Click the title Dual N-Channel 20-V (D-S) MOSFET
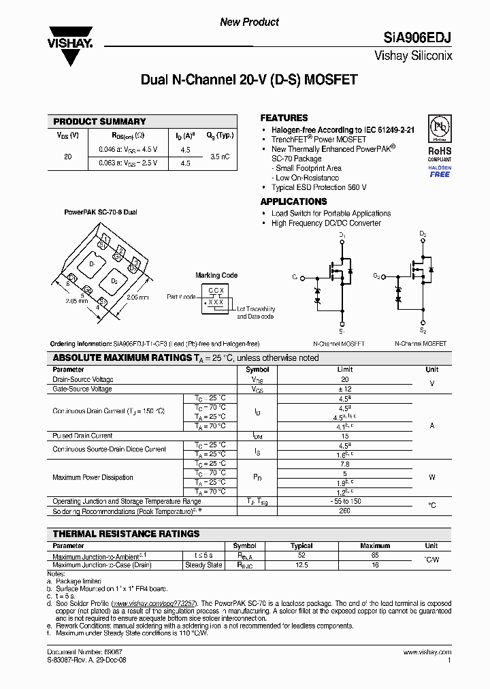pos(248,80)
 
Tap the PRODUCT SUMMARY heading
pos(99,121)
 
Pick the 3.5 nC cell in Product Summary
pos(220,156)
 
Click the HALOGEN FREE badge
pos(440,171)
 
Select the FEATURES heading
pos(284,118)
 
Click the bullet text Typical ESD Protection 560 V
pos(318,187)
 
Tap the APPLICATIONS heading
pos(293,202)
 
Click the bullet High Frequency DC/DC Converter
pos(326,223)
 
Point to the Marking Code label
pos(216,275)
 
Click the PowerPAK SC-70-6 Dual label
pos(100,212)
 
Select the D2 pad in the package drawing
pos(114,281)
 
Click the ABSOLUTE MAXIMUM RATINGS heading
pos(131,358)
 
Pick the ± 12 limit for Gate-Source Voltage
pos(345,389)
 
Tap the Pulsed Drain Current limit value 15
pos(345,435)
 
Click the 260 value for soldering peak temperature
pos(345,511)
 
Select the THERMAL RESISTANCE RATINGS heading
pos(126,534)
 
